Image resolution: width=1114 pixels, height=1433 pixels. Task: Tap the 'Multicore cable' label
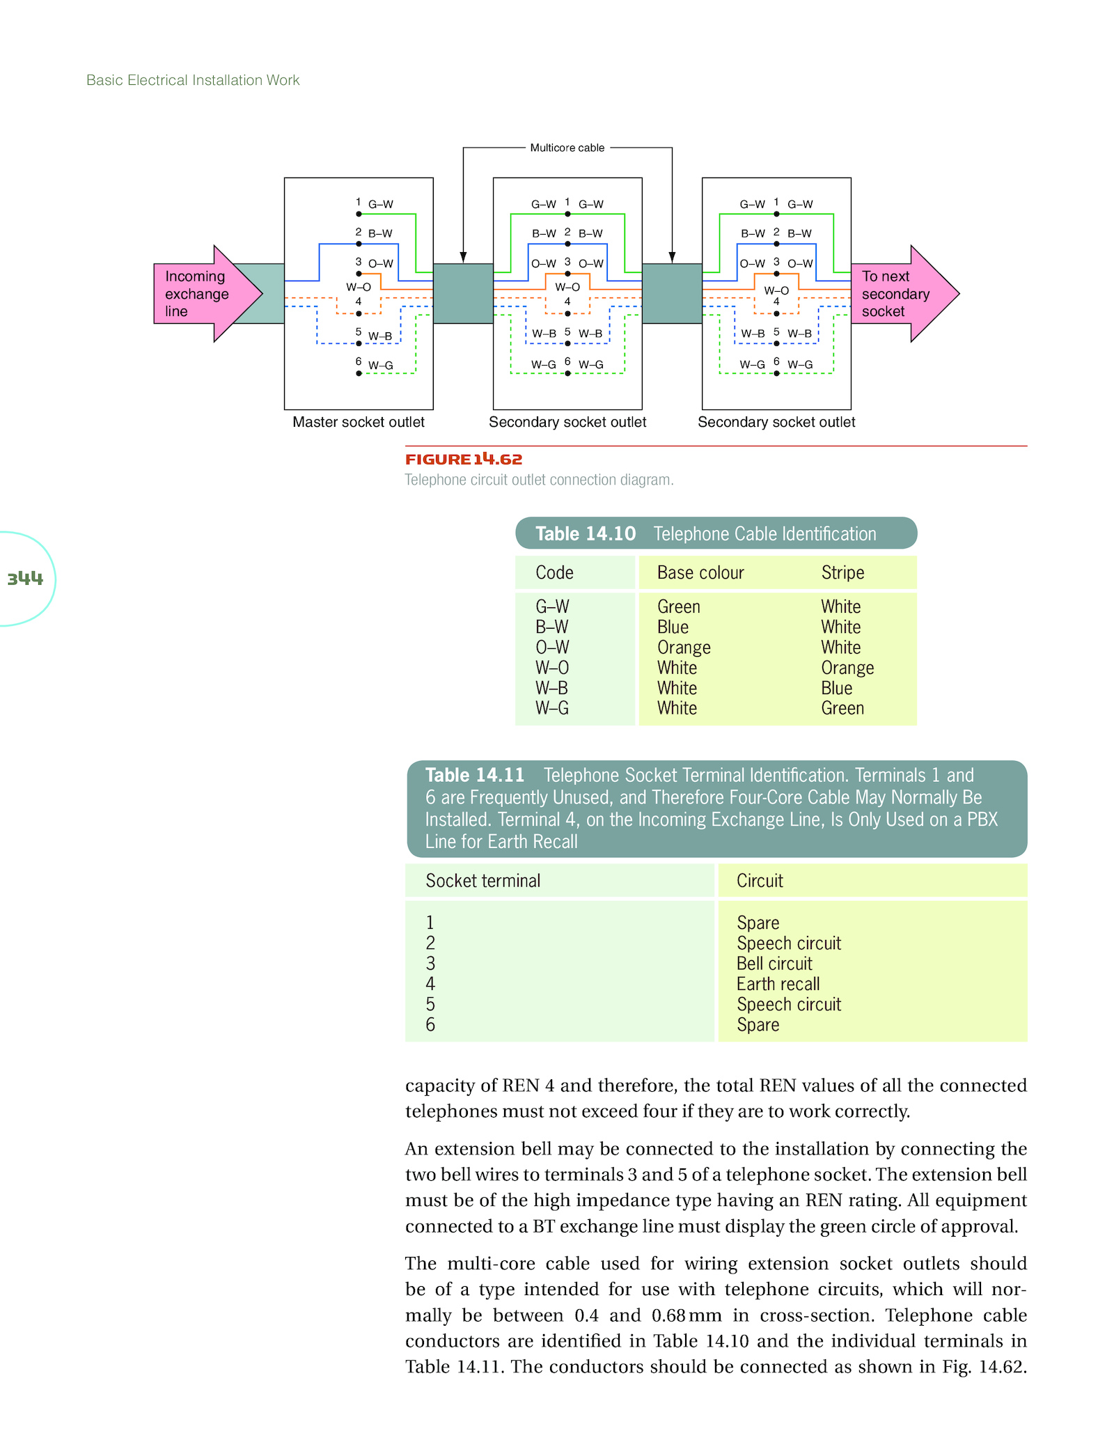click(x=567, y=148)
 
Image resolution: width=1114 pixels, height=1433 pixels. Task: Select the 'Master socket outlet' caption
click(x=359, y=422)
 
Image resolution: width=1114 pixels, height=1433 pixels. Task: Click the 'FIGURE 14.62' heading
click(x=464, y=459)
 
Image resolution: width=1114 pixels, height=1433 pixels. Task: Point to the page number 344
click(x=25, y=578)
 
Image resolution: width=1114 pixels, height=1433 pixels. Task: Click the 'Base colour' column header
click(x=700, y=572)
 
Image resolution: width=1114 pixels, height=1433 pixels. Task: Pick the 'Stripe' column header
click(x=842, y=572)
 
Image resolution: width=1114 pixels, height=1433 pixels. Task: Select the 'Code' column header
click(x=554, y=572)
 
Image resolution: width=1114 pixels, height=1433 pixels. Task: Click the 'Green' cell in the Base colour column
click(x=679, y=606)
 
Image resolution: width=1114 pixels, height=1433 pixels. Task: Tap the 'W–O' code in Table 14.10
click(x=552, y=668)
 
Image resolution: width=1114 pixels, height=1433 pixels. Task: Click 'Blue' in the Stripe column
click(x=837, y=688)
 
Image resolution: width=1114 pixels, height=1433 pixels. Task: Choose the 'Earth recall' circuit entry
click(x=778, y=984)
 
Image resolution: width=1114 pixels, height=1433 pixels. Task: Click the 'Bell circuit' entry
click(x=774, y=964)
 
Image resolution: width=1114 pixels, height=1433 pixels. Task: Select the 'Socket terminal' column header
click(x=483, y=881)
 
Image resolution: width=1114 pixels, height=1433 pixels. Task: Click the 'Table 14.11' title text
click(x=475, y=775)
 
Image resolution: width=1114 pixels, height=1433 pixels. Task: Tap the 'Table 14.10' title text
click(x=586, y=533)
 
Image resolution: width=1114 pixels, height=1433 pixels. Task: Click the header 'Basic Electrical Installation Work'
click(x=193, y=80)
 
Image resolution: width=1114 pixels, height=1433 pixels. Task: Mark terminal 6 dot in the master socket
click(x=359, y=374)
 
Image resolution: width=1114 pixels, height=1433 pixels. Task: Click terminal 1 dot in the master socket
click(x=359, y=214)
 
